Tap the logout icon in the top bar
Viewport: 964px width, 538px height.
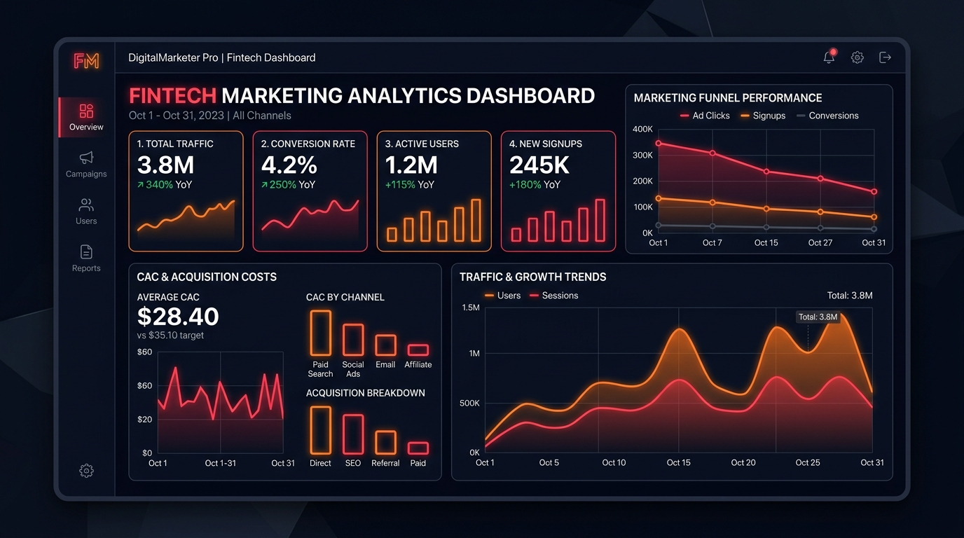[885, 57]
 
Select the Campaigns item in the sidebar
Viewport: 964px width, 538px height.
[86, 165]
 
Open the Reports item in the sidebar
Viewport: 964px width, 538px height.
[86, 258]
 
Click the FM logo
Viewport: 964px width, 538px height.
[86, 61]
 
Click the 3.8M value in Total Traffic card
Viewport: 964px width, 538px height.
[165, 165]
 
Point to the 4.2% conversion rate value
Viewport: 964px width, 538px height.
[289, 165]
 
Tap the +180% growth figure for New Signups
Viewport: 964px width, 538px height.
[525, 185]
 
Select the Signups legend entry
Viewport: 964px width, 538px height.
[763, 116]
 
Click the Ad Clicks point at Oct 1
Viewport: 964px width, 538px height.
[659, 144]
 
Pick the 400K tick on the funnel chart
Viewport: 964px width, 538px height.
[642, 129]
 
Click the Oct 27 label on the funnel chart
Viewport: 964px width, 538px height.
[820, 243]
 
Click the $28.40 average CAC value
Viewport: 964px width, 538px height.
[178, 317]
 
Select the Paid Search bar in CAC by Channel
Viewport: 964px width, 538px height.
[321, 333]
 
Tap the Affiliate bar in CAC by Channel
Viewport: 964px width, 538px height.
[418, 350]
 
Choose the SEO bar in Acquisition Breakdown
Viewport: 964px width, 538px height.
[353, 434]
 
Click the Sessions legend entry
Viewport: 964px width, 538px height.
[554, 296]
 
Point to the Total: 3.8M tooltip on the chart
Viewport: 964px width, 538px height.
[818, 317]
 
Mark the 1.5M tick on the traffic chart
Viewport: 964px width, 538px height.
[470, 308]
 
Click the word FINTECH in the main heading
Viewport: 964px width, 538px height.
[172, 95]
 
